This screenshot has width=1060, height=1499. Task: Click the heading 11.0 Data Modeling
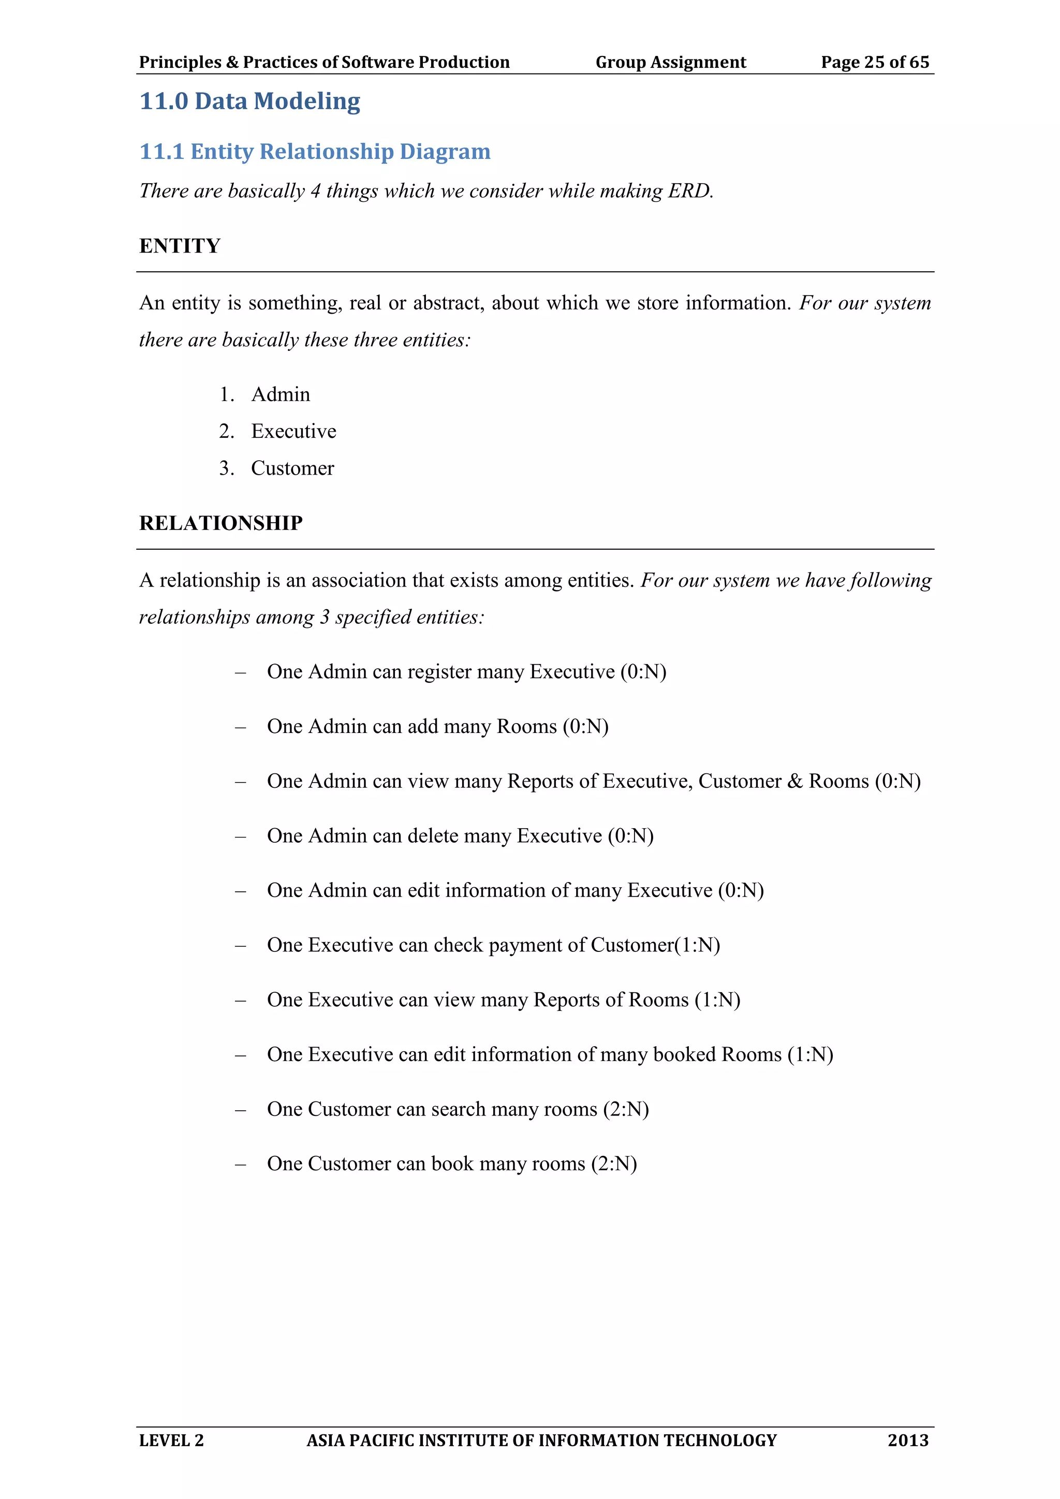(250, 101)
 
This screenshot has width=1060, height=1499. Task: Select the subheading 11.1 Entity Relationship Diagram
(315, 152)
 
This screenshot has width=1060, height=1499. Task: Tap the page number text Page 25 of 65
(875, 62)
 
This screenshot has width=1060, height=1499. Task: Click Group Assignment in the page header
(670, 62)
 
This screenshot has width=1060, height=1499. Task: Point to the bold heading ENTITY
(180, 246)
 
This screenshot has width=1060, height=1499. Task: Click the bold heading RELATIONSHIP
(220, 523)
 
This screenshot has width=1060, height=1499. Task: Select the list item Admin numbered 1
(281, 394)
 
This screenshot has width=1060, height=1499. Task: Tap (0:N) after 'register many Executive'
(643, 672)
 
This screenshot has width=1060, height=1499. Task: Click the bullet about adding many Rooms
(437, 727)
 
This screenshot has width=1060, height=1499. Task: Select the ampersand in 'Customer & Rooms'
(795, 782)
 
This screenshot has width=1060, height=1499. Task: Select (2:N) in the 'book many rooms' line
(614, 1164)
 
